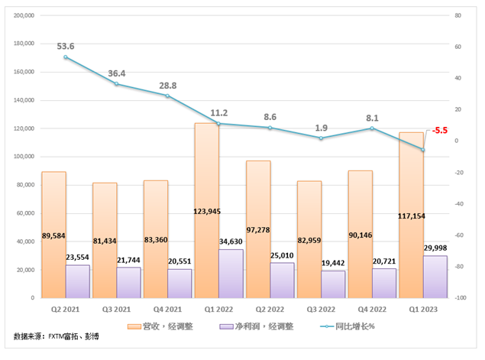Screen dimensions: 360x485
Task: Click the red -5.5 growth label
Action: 440,131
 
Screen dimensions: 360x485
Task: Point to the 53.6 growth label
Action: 66,45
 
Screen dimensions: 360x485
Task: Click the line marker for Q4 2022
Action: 371,128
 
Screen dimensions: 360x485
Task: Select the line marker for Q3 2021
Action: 117,83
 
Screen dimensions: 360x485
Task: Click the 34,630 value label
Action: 231,242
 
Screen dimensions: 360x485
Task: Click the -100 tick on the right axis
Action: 461,298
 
